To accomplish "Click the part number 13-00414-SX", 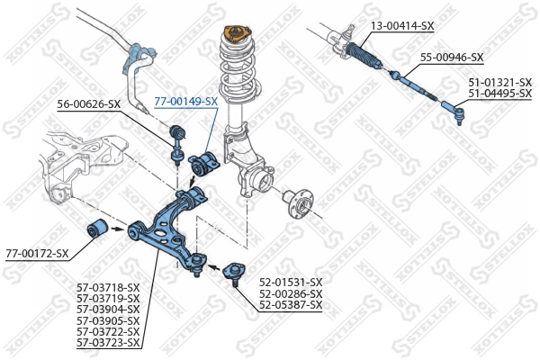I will point(403,26).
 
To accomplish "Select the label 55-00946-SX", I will point(452,58).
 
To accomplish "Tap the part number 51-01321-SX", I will point(499,82).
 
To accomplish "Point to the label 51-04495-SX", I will point(499,93).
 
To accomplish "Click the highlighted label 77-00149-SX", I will point(186,102).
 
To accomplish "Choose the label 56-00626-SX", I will point(88,104).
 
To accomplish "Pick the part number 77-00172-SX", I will point(37,253).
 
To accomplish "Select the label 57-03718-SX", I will point(108,288).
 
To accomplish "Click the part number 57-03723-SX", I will point(108,342).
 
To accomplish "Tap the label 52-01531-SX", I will point(290,283).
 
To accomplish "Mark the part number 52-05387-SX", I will point(290,304).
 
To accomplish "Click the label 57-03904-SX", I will point(108,310).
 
